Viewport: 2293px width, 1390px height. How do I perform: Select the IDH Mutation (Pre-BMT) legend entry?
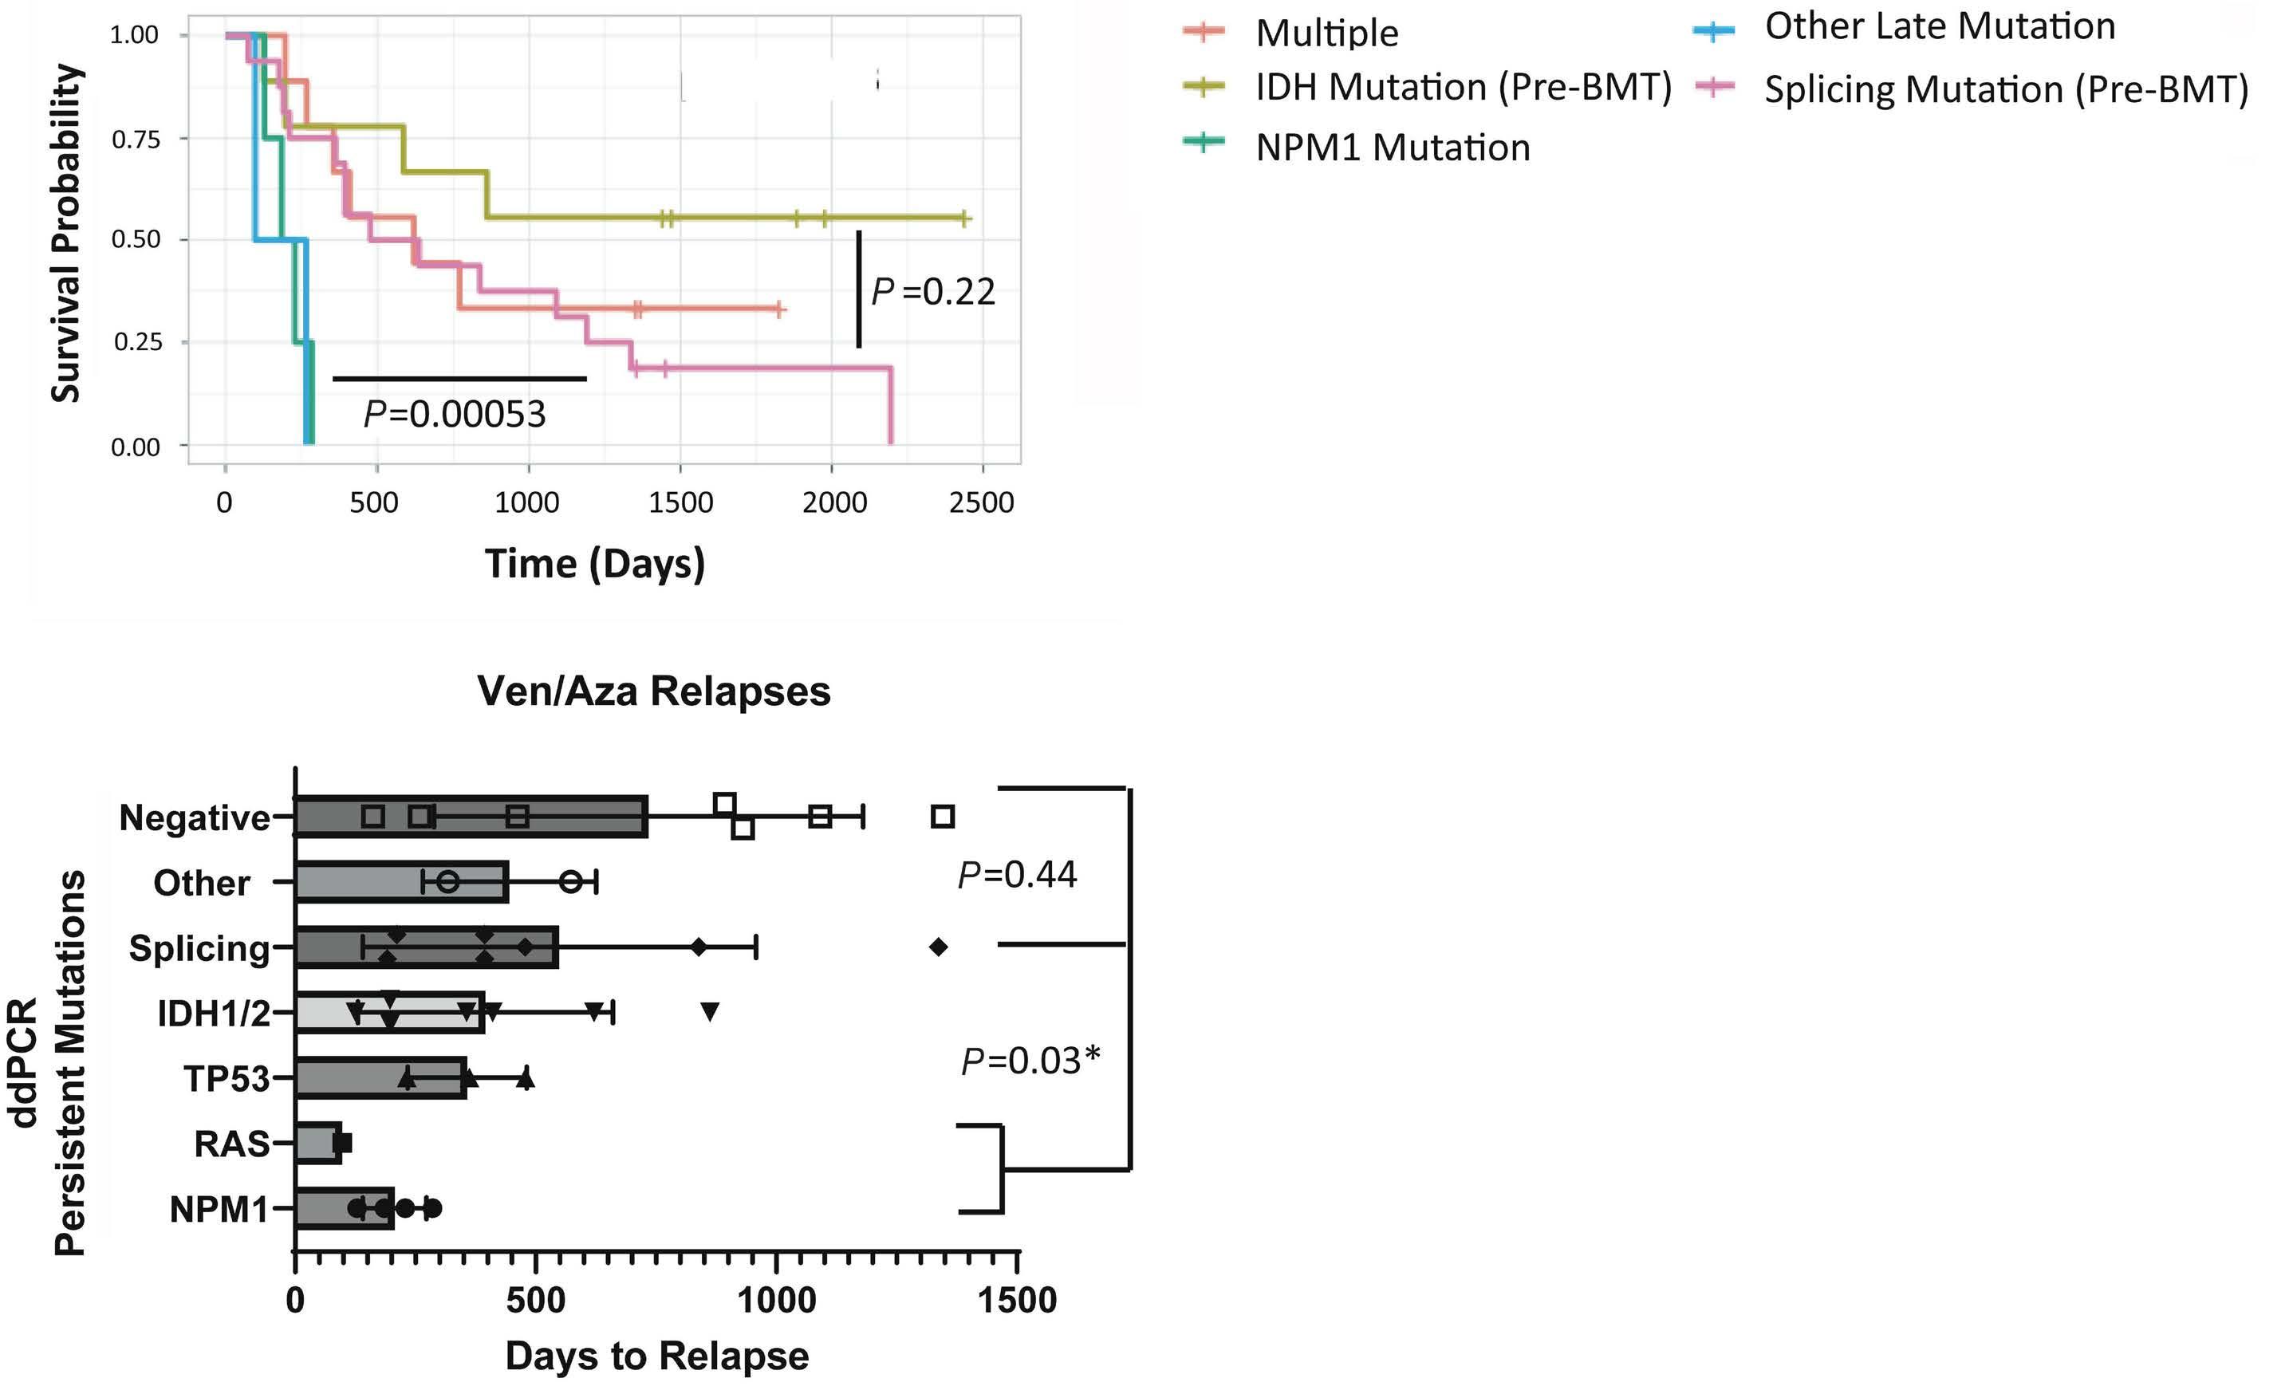pos(1428,86)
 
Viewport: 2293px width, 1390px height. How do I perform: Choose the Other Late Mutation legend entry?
pos(1904,27)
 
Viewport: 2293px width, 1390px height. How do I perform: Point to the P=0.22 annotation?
pos(932,291)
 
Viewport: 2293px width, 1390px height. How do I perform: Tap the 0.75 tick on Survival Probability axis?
pos(136,140)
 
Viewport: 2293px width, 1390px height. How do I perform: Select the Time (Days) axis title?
pos(595,564)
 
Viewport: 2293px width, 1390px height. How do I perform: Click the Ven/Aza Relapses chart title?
pos(653,691)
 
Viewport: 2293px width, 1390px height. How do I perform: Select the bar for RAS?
pos(317,1144)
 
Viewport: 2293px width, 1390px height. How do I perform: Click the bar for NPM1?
pos(344,1209)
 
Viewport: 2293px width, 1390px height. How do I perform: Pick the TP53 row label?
pos(227,1078)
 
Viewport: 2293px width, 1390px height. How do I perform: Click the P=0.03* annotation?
pos(1030,1061)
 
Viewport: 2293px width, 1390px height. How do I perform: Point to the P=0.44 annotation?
pos(1017,875)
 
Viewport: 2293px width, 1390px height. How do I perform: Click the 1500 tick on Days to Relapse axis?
pos(1017,1299)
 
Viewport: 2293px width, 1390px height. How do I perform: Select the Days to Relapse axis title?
pos(657,1357)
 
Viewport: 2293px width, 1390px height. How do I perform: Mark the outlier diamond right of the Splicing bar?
pos(938,947)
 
